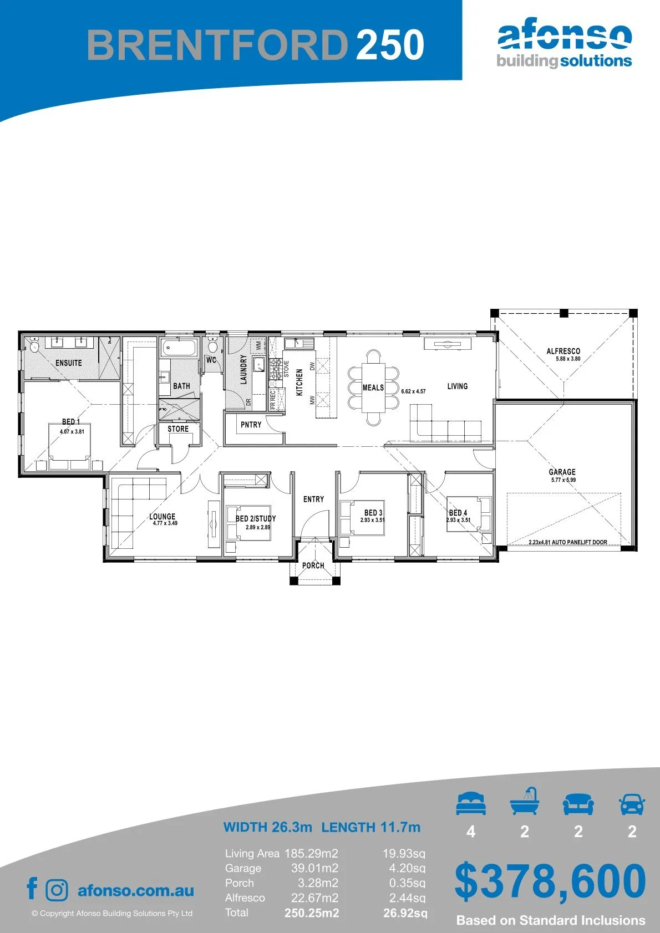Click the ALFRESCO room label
click(x=563, y=351)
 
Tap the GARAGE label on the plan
click(x=562, y=472)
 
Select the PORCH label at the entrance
click(x=313, y=565)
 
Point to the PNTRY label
click(x=251, y=425)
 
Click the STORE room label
click(x=178, y=429)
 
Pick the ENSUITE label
click(x=69, y=363)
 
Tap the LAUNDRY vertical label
click(x=243, y=369)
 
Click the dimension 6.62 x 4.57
click(x=413, y=391)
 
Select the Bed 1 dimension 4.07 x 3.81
click(x=72, y=431)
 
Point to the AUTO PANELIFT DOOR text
click(x=580, y=542)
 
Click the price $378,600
click(x=550, y=881)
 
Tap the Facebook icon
click(x=32, y=888)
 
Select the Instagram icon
click(x=57, y=890)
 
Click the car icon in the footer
click(x=632, y=803)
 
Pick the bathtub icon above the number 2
click(x=525, y=801)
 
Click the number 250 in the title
click(x=390, y=44)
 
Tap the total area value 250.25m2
click(x=312, y=913)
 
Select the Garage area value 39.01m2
click(x=314, y=868)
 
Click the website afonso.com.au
click(x=136, y=890)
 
